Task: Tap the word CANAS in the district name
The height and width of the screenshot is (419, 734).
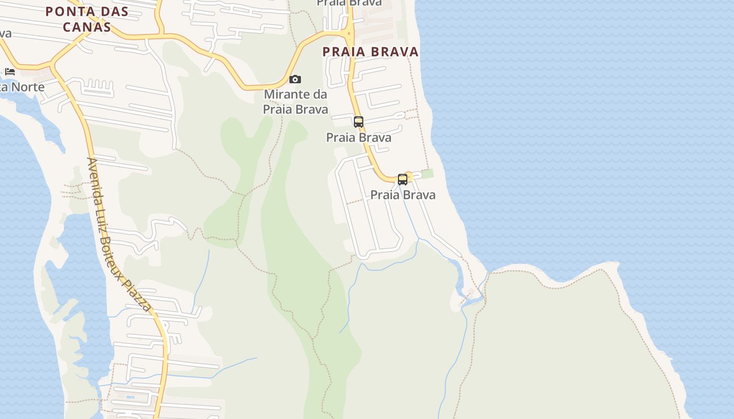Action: pyautogui.click(x=87, y=27)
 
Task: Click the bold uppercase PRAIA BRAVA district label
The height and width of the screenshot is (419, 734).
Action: pyautogui.click(x=370, y=52)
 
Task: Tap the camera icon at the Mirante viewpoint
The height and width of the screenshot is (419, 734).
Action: pyautogui.click(x=295, y=79)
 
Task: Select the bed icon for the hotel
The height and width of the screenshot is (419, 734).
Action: pyautogui.click(x=10, y=71)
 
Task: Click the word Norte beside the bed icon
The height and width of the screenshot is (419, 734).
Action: pyautogui.click(x=27, y=87)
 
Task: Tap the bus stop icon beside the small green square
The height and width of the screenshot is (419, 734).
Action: pyautogui.click(x=403, y=179)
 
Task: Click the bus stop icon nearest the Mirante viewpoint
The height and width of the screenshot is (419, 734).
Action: pyautogui.click(x=359, y=122)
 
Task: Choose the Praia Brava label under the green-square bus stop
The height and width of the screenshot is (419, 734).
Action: pyautogui.click(x=403, y=195)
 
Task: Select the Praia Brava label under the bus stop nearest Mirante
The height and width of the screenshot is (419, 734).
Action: pyautogui.click(x=359, y=138)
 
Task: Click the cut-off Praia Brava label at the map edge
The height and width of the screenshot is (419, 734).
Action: pyautogui.click(x=349, y=3)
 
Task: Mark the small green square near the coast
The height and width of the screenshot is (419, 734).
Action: pyautogui.click(x=428, y=173)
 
